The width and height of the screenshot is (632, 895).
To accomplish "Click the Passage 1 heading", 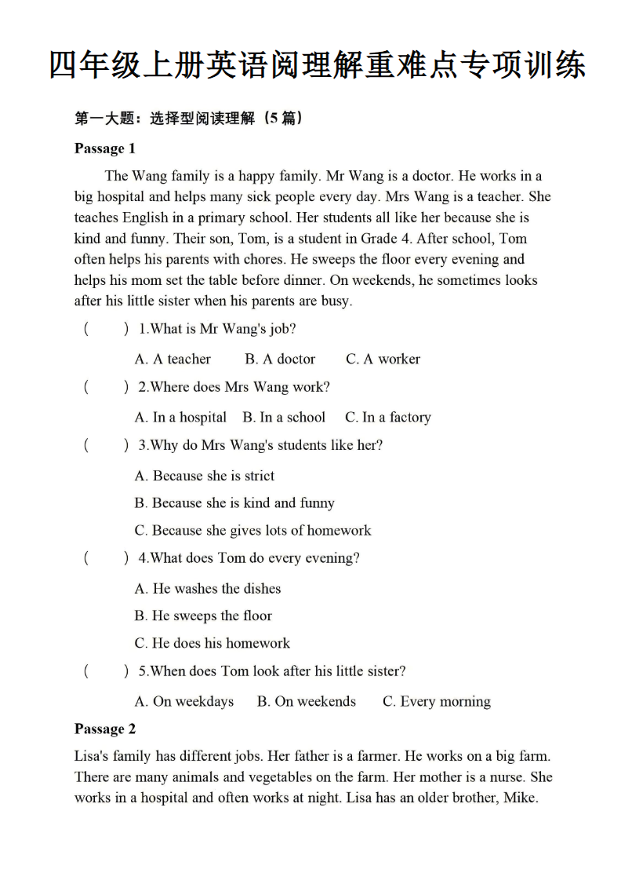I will [105, 148].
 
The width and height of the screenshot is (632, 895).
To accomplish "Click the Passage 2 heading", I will [105, 729].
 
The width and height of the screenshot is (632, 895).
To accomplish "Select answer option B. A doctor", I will [280, 359].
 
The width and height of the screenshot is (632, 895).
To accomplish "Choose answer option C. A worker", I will [383, 359].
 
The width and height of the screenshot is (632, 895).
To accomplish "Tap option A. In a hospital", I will [180, 417].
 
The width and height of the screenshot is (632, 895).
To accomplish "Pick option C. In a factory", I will [387, 417].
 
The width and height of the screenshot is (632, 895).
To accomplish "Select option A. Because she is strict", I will [205, 475].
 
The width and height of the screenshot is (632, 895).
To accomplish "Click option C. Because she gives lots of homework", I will [252, 530].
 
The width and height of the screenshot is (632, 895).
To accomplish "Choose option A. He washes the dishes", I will [207, 588].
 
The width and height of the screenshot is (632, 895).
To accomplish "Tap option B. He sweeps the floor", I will [203, 616].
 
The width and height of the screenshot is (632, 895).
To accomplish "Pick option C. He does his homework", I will [212, 643].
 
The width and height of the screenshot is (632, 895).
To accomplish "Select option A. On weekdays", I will [184, 701].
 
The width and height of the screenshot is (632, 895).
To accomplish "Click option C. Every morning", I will [436, 701].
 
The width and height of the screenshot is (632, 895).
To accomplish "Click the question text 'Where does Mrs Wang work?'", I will [240, 387].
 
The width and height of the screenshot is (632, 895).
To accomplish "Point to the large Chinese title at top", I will [316, 64].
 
